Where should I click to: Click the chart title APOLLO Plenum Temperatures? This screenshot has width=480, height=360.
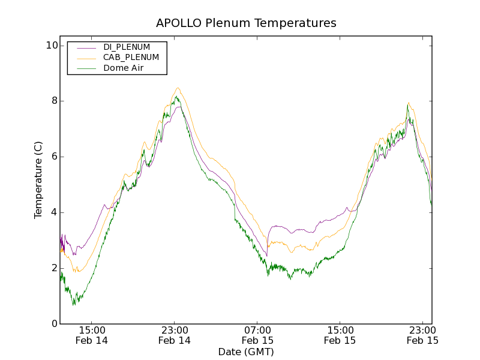pos(246,23)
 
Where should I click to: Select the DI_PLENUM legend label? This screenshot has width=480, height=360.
pos(127,47)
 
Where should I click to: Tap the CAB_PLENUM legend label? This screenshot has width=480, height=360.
pos(131,58)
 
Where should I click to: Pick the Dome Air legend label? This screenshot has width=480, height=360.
pos(124,68)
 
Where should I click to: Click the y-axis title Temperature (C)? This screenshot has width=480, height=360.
pos(38,180)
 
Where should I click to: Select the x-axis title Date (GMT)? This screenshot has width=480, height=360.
pos(246,352)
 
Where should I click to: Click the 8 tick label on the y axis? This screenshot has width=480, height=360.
pos(54,101)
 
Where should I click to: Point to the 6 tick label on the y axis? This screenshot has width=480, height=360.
pos(54,157)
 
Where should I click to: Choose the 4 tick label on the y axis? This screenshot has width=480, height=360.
pos(54,212)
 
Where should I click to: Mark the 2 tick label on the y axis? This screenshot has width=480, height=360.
pos(54,268)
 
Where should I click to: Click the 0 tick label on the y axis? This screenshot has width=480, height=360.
pos(54,324)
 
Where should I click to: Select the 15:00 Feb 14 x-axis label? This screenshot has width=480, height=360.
pos(92,335)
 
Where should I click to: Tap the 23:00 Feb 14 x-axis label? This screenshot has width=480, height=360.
pos(175,335)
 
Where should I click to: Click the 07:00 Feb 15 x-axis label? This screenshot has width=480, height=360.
pos(257,335)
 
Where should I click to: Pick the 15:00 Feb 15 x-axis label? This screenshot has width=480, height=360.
pos(340,335)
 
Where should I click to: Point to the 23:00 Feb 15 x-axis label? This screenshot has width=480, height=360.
pos(423,335)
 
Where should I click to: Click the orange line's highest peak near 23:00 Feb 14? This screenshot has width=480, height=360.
pos(178,88)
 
